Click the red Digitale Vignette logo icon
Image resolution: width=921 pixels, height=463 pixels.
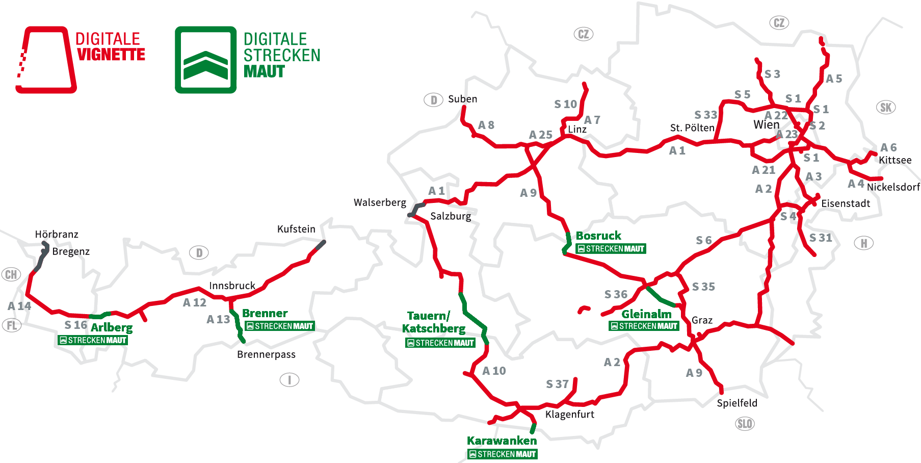tap(46, 60)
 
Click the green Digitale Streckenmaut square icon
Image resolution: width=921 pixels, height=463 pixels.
tap(205, 60)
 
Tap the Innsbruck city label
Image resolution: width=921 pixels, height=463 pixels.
tap(232, 286)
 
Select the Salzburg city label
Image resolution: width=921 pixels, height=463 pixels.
tap(451, 216)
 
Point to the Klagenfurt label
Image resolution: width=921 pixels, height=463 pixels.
tap(569, 414)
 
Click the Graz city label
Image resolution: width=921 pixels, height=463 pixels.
tap(702, 320)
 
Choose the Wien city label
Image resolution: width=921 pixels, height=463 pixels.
tap(766, 125)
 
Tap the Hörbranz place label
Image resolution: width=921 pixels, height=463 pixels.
tap(57, 234)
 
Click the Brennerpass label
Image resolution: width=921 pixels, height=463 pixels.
tap(266, 354)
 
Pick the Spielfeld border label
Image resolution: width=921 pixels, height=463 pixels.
tap(736, 403)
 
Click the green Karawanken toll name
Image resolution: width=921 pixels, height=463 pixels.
tap(502, 441)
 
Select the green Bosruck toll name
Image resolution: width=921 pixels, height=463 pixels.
tap(598, 236)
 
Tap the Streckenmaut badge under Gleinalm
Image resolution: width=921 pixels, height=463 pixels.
tap(644, 326)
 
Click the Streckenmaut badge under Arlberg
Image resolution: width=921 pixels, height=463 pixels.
tap(93, 340)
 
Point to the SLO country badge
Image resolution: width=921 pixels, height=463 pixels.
tap(745, 424)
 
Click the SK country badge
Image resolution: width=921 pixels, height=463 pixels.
tap(886, 108)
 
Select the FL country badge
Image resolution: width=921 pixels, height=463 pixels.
tap(12, 325)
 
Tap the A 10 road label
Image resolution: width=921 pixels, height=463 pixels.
tap(494, 371)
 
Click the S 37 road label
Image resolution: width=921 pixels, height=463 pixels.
tap(557, 384)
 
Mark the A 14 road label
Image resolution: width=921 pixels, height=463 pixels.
tap(19, 306)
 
